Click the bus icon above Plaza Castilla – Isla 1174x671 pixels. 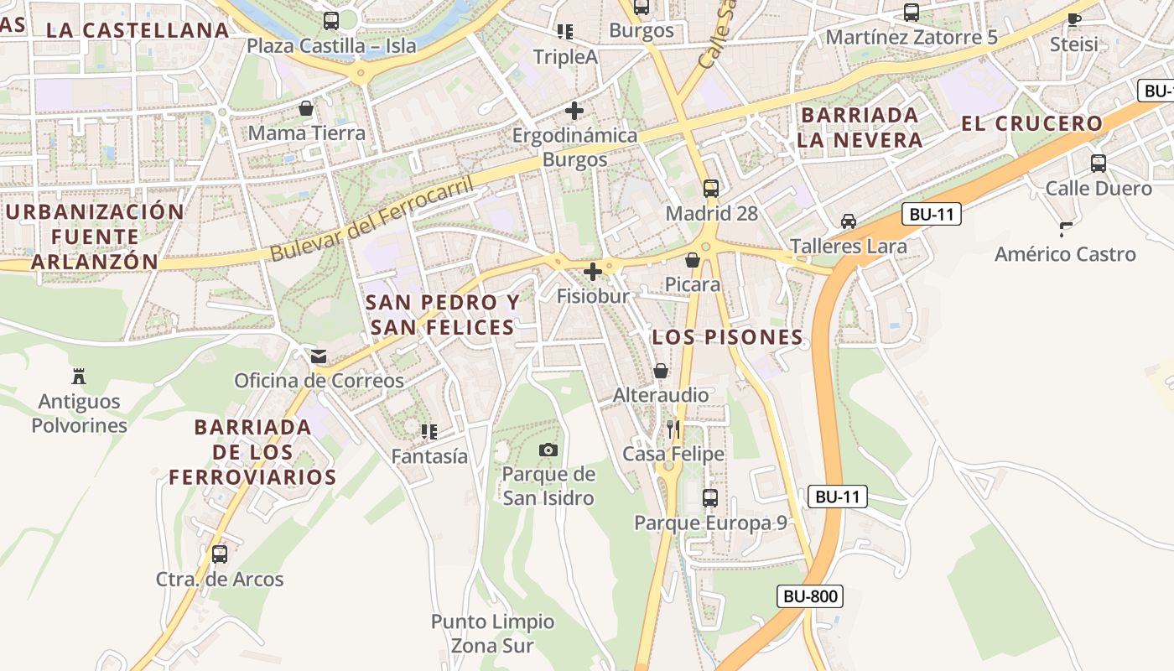coord(331,21)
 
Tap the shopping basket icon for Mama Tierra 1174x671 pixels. coord(306,108)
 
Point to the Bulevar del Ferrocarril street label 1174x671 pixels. coord(372,218)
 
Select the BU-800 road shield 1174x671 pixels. coord(809,597)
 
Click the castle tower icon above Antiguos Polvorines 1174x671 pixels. coord(79,376)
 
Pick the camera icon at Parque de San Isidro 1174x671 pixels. coord(548,450)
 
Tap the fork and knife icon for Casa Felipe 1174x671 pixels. coord(673,429)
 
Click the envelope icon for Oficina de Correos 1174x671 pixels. coord(319,356)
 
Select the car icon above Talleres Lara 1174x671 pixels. coord(849,221)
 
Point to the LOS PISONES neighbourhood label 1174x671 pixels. coord(728,338)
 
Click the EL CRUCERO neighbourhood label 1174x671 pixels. coord(1031,124)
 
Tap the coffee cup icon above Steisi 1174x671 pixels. coord(1074,19)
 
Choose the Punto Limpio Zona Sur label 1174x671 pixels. coord(492,633)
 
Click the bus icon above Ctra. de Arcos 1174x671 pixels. coord(220,554)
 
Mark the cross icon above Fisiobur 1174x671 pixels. coord(593,272)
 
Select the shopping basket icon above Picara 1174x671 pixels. coord(693,260)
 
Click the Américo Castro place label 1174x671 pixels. coord(1065,254)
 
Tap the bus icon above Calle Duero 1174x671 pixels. coord(1099,164)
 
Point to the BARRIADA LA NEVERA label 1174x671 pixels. coord(860,127)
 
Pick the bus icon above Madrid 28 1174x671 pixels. coord(711,189)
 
